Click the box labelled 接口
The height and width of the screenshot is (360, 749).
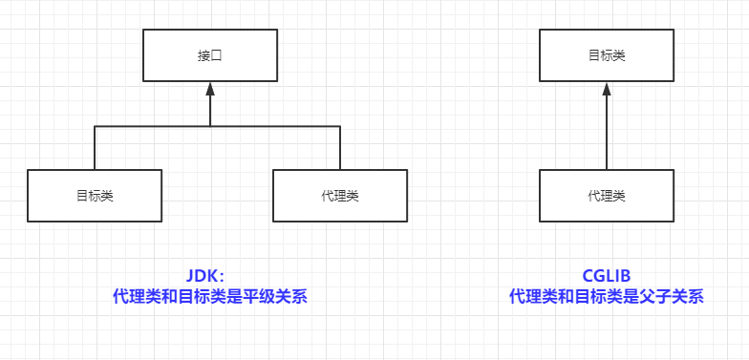coord(209,54)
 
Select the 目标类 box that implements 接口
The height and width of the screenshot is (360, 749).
coord(95,195)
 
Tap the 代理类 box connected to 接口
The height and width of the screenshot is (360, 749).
coord(340,195)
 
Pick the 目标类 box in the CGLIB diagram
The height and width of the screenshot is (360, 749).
coord(606,54)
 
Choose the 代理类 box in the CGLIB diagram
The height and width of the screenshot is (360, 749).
coord(606,195)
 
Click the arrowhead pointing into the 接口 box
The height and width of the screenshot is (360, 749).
coord(210,90)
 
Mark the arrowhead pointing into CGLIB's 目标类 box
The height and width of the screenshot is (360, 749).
coord(607,90)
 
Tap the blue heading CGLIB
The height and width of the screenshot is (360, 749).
coord(607,275)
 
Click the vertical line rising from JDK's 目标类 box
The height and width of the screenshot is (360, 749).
coord(95,148)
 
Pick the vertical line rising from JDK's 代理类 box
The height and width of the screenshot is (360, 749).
coord(340,148)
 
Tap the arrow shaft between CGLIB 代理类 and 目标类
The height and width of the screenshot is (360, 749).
coord(607,134)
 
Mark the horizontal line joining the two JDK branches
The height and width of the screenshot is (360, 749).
coord(153,126)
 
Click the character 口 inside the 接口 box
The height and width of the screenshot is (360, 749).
coord(216,54)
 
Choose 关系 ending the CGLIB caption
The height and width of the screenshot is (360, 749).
coord(684,297)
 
